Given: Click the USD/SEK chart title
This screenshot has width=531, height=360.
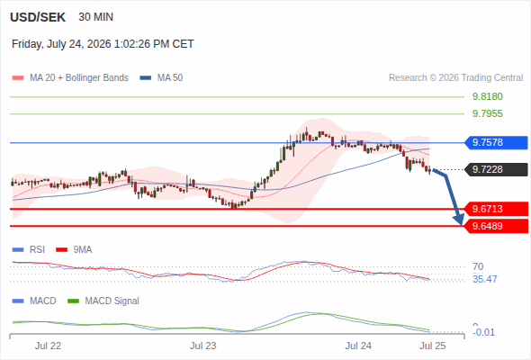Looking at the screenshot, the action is pos(38,17).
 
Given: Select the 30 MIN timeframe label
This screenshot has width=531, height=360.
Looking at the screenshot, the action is pos(95,17).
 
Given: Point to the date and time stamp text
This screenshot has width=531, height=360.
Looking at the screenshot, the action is pos(103,44).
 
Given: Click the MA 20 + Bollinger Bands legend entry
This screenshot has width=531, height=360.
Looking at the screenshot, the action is pos(70,78).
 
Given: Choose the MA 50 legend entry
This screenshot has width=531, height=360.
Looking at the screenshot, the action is pos(161,78).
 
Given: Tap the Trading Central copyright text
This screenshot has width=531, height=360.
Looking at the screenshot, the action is pos(455,78).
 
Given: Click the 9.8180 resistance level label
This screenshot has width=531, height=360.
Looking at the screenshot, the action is pos(487,96).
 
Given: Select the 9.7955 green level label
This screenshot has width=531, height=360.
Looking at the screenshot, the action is pos(487,113).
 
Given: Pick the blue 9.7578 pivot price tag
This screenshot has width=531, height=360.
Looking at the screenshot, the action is pos(496,142).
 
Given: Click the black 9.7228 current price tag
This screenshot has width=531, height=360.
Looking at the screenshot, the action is pos(496,169).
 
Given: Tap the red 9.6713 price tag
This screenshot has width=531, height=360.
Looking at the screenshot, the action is pos(496,209).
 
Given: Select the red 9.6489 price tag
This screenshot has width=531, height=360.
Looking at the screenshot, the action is pos(496,226).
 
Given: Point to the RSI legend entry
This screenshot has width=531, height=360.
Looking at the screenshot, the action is pos(29,249).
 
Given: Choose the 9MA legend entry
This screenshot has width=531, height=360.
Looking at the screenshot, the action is pos(74,249).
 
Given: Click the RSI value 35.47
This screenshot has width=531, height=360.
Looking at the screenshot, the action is pos(485,279).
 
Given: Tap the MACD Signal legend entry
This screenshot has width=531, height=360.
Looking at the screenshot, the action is pos(103,301).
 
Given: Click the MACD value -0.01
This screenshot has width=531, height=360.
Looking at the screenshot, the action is pos(483,332).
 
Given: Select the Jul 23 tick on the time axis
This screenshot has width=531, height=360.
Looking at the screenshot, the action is pos(202,346).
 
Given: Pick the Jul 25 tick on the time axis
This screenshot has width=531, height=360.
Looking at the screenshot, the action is pos(433,346).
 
